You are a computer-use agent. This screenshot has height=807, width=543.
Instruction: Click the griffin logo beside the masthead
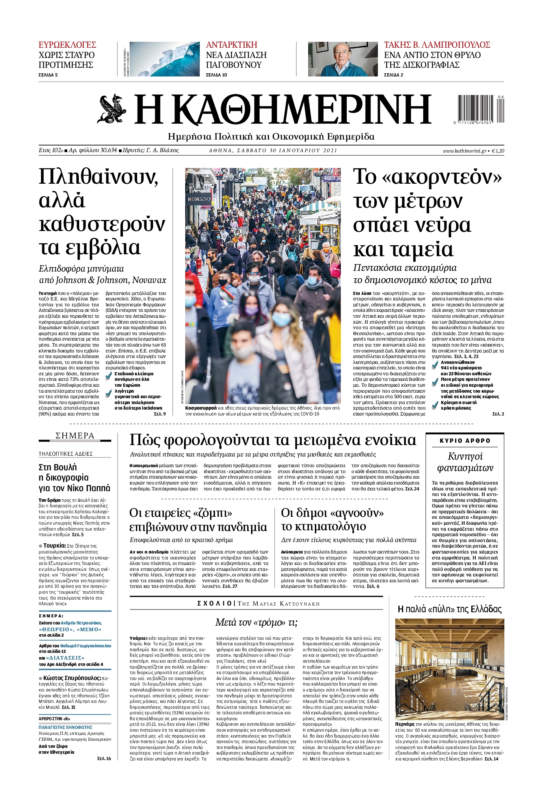coord(112,109)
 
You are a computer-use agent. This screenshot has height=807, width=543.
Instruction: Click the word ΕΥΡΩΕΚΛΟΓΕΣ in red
coord(67,45)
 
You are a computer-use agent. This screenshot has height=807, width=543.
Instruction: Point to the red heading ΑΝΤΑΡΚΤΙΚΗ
coord(232,45)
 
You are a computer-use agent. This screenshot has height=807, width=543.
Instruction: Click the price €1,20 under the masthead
coord(498,151)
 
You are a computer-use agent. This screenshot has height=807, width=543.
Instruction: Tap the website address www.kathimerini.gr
coord(465,151)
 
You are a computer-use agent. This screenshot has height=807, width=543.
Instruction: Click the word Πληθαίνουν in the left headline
coord(99,177)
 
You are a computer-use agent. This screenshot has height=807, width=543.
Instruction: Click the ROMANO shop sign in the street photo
coord(199,199)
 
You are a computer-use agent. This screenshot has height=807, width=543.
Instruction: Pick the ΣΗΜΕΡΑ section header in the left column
coord(75,436)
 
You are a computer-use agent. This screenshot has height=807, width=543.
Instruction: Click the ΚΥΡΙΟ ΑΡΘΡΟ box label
coord(465,441)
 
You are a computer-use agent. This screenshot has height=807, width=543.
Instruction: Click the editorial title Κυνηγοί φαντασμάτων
coord(465,462)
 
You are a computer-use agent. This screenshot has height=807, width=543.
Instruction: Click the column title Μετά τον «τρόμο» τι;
coord(256,622)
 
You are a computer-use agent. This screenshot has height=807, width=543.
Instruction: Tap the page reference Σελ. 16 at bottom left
coord(104,758)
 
